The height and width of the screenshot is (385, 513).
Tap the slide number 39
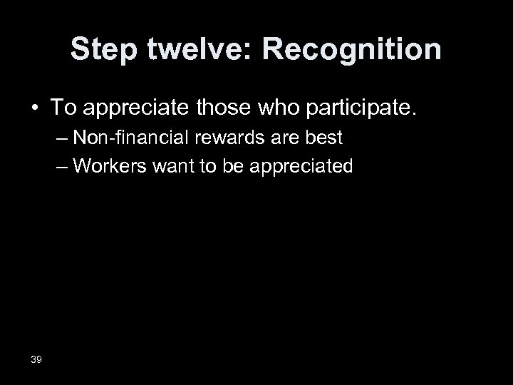click(x=36, y=359)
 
